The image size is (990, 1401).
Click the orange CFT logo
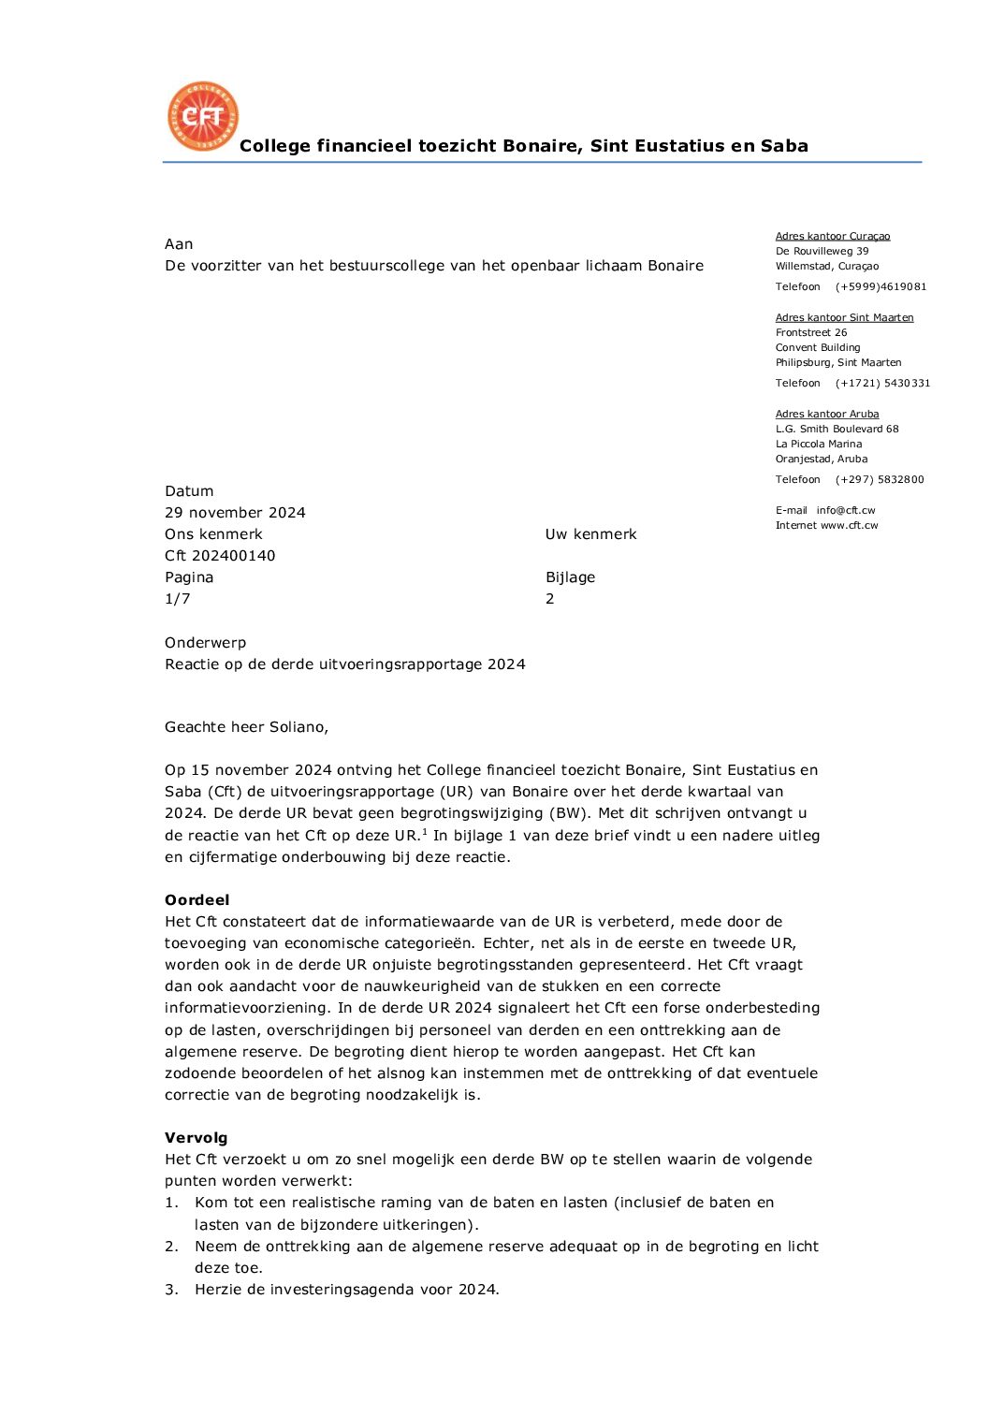[202, 116]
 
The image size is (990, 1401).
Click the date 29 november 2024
[235, 513]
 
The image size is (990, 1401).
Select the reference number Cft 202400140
[220, 556]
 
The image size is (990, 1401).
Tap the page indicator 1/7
[178, 599]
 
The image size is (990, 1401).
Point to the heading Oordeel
[197, 900]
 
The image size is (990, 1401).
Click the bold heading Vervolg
[196, 1138]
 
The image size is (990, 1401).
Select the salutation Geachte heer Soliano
[246, 727]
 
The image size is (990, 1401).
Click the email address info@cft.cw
[846, 511]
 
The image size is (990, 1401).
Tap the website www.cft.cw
[850, 526]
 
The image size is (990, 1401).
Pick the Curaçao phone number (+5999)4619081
[881, 287]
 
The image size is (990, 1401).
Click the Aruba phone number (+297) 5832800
[880, 480]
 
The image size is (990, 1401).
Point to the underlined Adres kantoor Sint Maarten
[844, 318]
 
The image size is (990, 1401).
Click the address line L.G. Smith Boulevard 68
[837, 430]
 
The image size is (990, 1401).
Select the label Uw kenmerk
[590, 534]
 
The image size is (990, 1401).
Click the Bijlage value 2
[550, 599]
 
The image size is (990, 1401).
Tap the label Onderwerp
[205, 643]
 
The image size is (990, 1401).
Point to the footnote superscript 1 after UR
[424, 831]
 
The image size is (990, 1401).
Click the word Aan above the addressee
[179, 244]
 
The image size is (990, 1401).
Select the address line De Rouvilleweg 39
[822, 252]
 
